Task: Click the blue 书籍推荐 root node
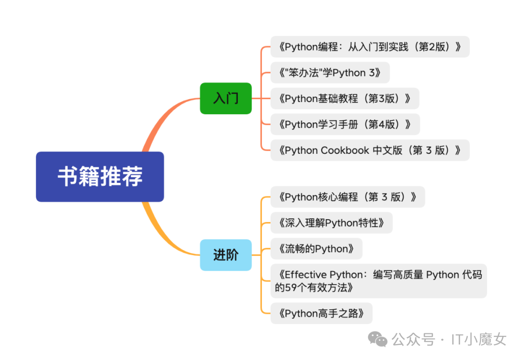(100, 177)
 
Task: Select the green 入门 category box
(226, 98)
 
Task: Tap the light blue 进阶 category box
(226, 255)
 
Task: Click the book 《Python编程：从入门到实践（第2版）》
(369, 46)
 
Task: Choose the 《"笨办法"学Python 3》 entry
(329, 73)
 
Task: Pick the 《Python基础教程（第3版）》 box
(344, 98)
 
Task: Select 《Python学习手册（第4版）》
(345, 124)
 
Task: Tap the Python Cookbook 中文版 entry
(369, 150)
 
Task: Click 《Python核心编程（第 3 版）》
(347, 197)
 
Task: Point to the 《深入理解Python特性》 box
(331, 223)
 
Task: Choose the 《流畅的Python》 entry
(316, 249)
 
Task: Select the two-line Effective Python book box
(378, 281)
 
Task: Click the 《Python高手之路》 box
(322, 313)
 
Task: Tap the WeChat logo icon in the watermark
(378, 339)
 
